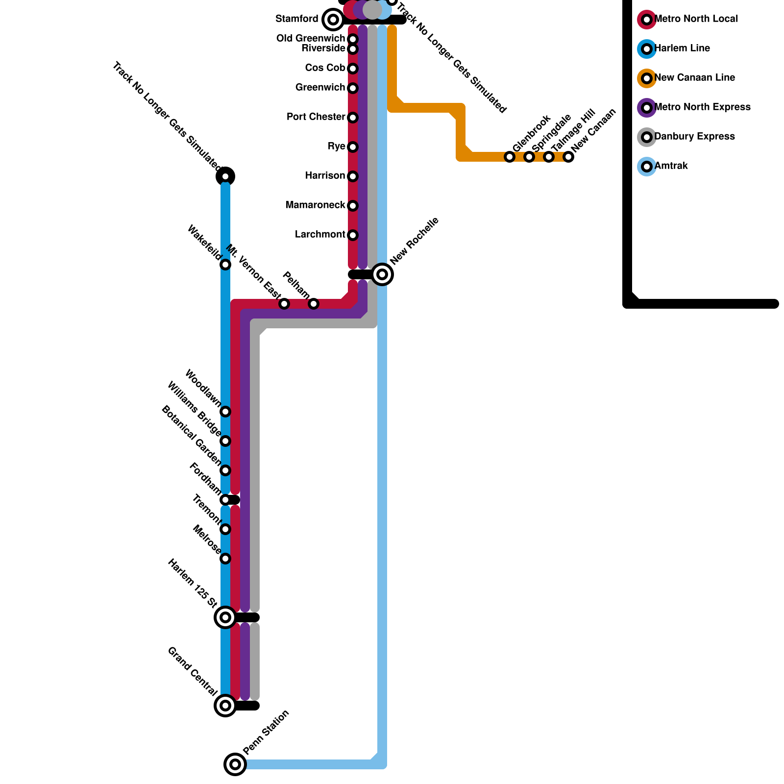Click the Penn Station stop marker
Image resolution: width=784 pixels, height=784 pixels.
235,764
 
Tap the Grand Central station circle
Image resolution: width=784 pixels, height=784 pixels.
225,706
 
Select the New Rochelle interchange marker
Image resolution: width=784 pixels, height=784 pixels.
382,274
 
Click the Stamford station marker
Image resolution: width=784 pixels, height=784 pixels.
333,20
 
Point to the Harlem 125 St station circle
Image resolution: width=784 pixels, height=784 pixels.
225,617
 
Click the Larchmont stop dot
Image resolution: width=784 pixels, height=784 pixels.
353,235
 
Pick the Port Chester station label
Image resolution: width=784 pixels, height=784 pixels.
316,117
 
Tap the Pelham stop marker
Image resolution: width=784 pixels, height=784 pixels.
314,304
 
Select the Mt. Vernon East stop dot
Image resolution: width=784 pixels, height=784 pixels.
284,304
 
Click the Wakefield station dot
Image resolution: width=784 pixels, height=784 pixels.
225,265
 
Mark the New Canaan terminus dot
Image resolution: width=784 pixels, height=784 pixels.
568,157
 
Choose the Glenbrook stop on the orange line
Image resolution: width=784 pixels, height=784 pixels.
510,157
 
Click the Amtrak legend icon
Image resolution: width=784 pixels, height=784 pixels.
647,167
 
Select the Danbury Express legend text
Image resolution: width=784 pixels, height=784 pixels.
694,136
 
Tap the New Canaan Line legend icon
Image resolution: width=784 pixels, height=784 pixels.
647,78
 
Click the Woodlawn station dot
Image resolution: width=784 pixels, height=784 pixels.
225,412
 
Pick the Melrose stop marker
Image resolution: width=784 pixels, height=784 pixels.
225,559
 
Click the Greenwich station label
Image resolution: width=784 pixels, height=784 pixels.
320,87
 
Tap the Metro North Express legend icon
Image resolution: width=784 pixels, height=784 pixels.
647,108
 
